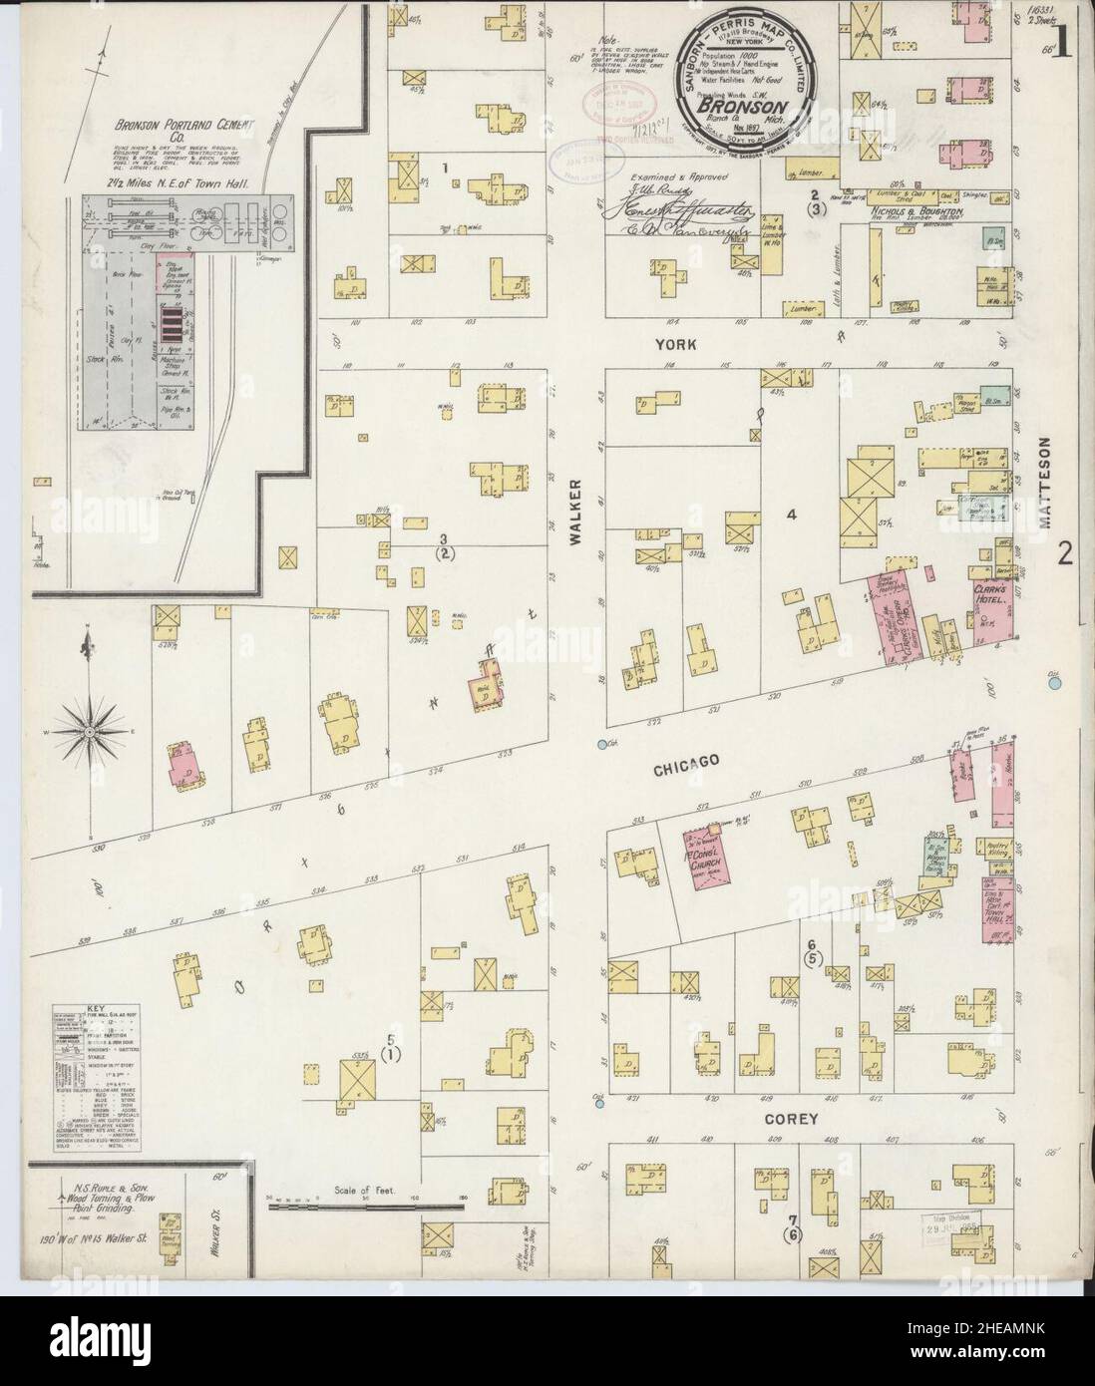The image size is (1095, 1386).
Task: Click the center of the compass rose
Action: [x=90, y=732]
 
